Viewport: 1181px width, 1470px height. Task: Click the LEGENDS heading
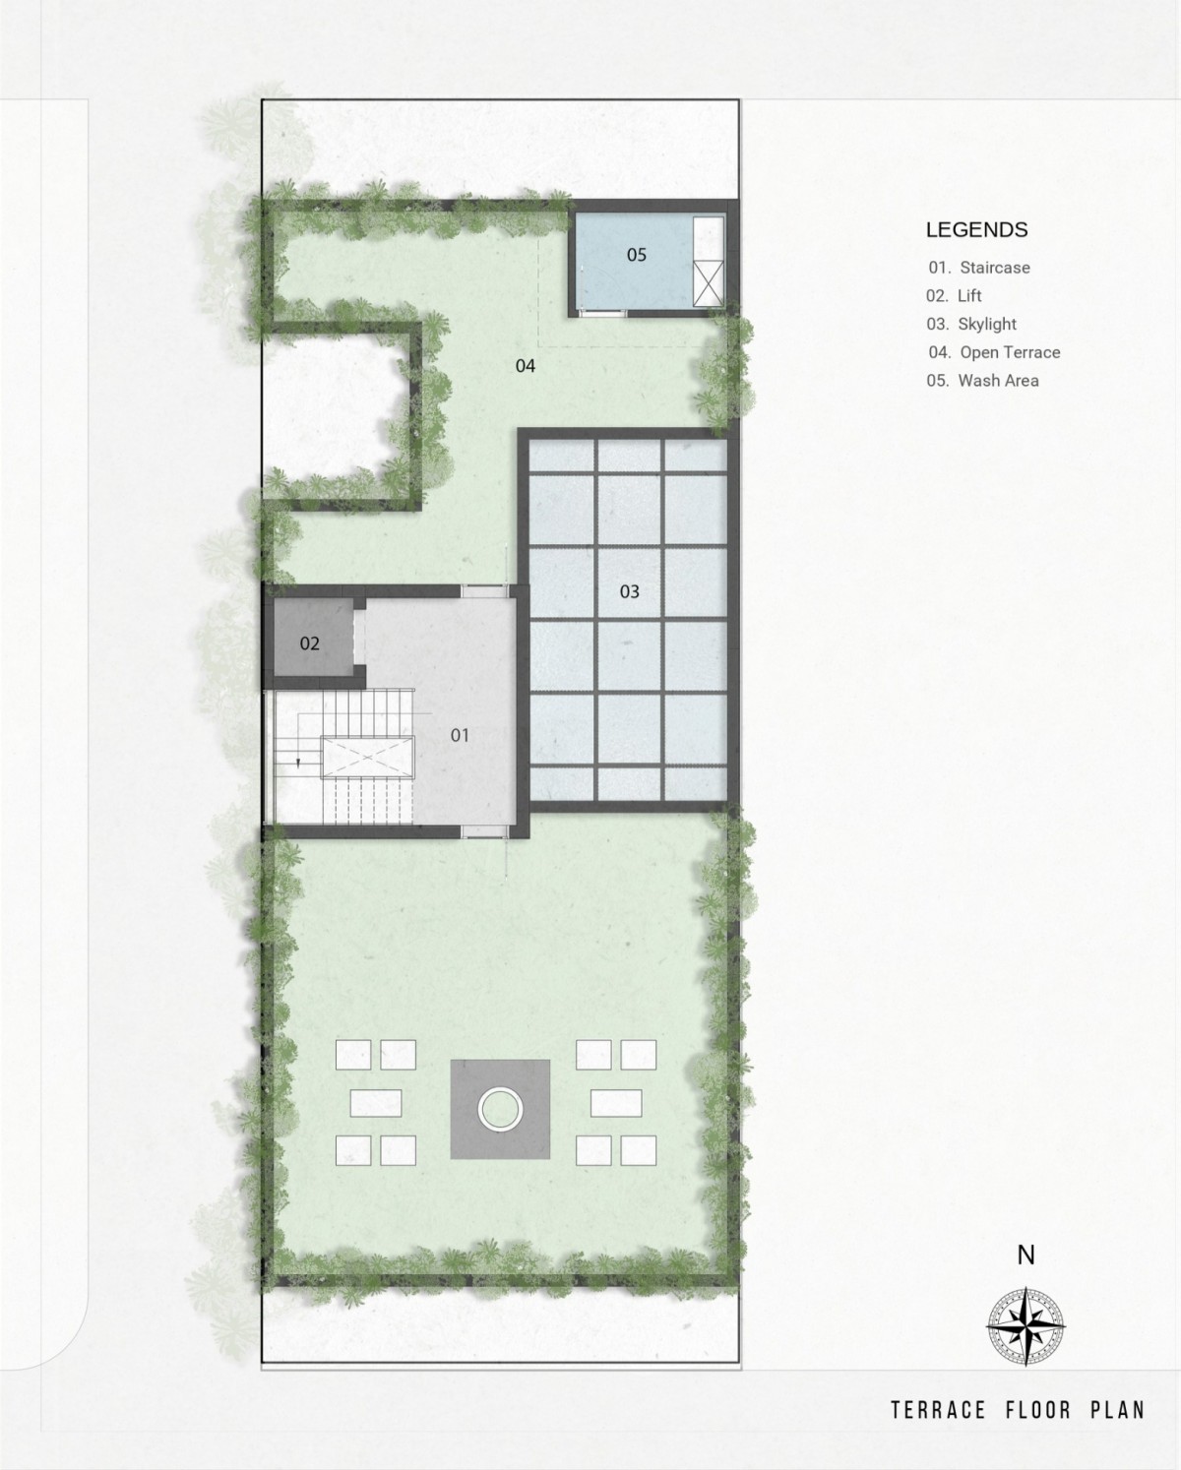976,230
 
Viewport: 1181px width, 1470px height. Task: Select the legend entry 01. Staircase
978,268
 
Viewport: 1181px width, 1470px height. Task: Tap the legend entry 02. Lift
954,296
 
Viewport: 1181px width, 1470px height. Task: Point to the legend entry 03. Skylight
971,325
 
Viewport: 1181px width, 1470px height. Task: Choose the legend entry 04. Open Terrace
994,352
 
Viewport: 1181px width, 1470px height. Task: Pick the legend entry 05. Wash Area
982,381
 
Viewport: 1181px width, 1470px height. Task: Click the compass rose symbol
1026,1326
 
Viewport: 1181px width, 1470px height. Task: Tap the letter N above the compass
1026,1256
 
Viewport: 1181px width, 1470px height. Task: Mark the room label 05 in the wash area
637,255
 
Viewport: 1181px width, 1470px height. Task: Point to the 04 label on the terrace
525,366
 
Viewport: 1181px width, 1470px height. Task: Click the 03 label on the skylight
630,591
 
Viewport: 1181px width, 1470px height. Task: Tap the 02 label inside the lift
310,643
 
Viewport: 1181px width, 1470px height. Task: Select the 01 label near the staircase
460,735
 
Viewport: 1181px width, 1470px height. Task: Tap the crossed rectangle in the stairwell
368,758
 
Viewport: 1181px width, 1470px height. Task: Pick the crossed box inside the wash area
708,282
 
